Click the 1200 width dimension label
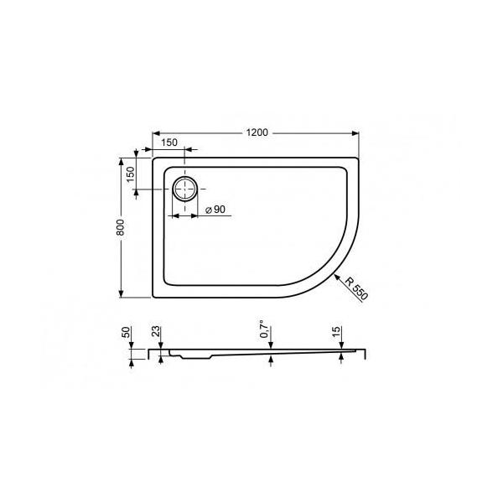[257, 132]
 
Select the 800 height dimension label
[120, 227]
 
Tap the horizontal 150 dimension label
[169, 143]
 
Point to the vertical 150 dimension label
[131, 174]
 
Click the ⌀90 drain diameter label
[215, 210]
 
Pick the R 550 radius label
[356, 288]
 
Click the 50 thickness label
[126, 332]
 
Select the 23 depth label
[156, 331]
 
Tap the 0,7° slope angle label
[264, 329]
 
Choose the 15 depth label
[336, 331]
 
